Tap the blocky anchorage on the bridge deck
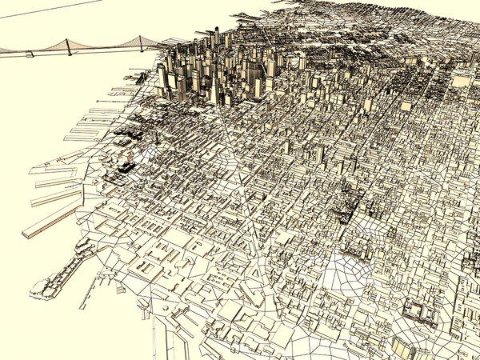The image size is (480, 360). (30, 53)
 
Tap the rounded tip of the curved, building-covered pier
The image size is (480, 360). (35, 290)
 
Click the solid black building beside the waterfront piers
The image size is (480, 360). (126, 167)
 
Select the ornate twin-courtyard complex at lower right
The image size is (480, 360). (419, 312)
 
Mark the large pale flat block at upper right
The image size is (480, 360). (462, 80)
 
